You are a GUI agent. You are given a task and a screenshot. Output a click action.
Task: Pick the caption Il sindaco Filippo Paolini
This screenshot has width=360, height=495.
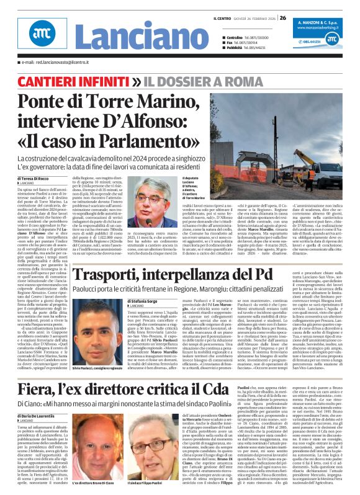pyautogui.click(x=148, y=482)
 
